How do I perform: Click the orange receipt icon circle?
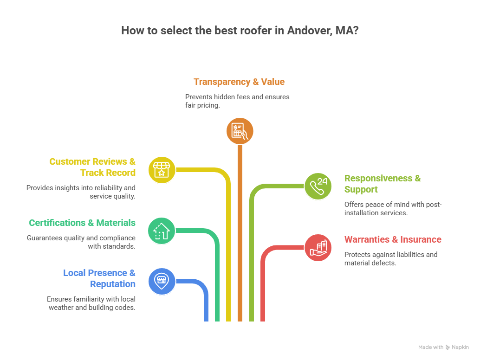[x=240, y=131]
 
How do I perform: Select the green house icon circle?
[x=162, y=231]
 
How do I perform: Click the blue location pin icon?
[x=162, y=281]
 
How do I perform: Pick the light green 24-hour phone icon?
[x=318, y=186]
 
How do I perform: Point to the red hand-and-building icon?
[x=318, y=247]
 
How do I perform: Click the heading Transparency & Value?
[x=239, y=82]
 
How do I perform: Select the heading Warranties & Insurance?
[x=393, y=240]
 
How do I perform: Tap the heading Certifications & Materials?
[x=82, y=223]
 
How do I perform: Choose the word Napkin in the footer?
[x=461, y=347]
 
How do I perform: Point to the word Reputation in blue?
[x=113, y=284]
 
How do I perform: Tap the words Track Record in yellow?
[x=108, y=173]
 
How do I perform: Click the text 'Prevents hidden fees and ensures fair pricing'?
[x=237, y=101]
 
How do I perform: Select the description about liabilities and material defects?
[x=390, y=259]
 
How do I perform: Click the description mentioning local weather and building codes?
[x=91, y=303]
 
